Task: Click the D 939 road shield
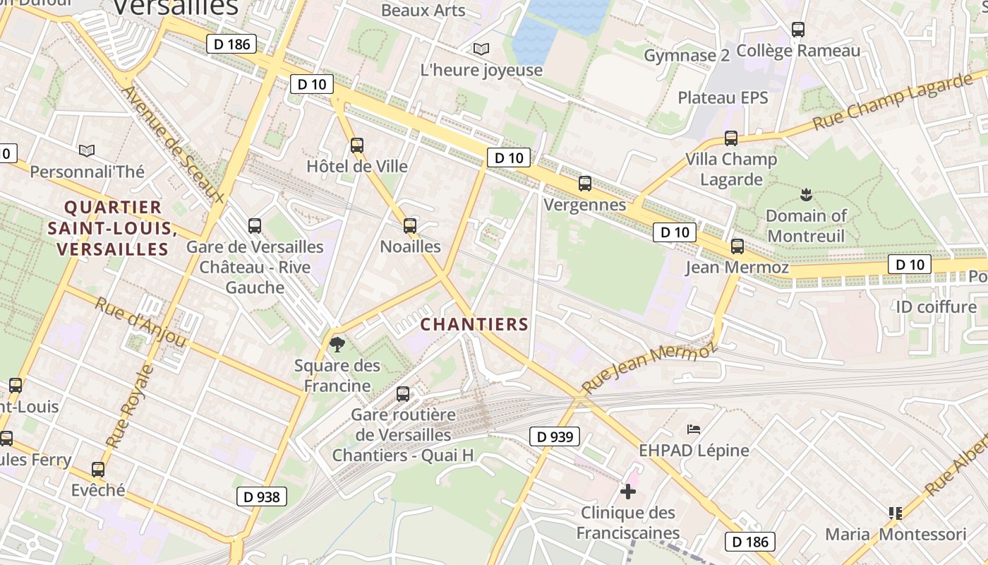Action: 555,436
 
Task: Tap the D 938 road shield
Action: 261,496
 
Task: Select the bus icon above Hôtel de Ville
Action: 357,145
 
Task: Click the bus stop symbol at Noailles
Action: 410,226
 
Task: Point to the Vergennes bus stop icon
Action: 585,184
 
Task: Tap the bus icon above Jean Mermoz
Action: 737,246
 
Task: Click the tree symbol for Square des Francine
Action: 337,345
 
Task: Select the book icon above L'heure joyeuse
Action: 481,49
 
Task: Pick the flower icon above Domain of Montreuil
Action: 805,194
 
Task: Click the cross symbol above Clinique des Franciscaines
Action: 628,491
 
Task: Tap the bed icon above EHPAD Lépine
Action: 694,429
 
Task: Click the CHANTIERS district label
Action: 474,324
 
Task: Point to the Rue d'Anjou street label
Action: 140,323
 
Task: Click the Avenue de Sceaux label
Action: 172,145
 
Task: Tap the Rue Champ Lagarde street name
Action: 892,102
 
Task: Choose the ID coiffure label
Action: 936,307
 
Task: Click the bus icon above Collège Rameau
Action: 798,30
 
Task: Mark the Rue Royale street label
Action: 129,406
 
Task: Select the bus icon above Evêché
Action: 98,469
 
